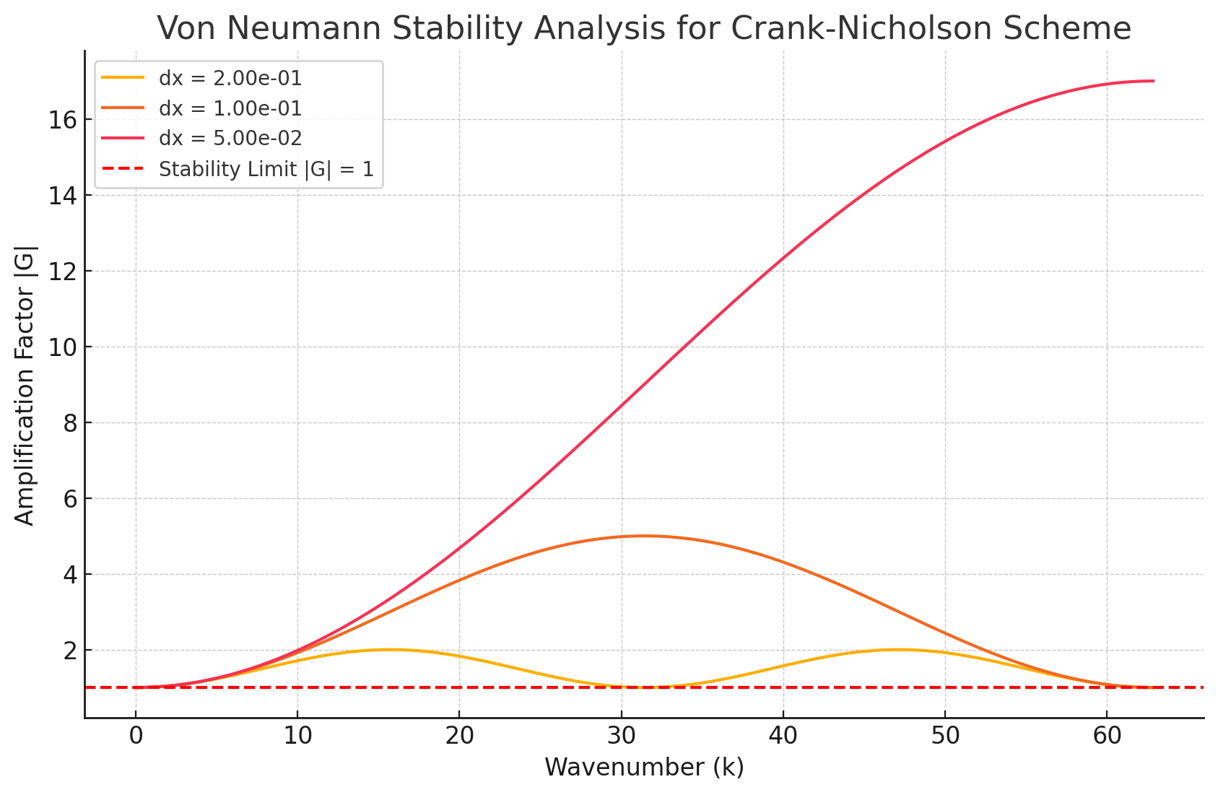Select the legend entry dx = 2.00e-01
pyautogui.click(x=230, y=78)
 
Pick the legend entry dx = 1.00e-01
pyautogui.click(x=230, y=108)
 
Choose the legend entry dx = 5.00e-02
pyautogui.click(x=230, y=138)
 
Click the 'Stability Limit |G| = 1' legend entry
pyautogui.click(x=266, y=169)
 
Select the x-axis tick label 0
pyautogui.click(x=136, y=737)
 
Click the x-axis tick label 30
pyautogui.click(x=621, y=737)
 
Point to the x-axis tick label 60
pyautogui.click(x=1106, y=737)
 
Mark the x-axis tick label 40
pyautogui.click(x=783, y=737)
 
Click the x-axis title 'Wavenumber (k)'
pyautogui.click(x=644, y=767)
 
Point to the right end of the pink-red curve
pyautogui.click(x=1153, y=81)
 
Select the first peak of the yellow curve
pyautogui.click(x=389, y=649)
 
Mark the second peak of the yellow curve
pyautogui.click(x=898, y=649)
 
